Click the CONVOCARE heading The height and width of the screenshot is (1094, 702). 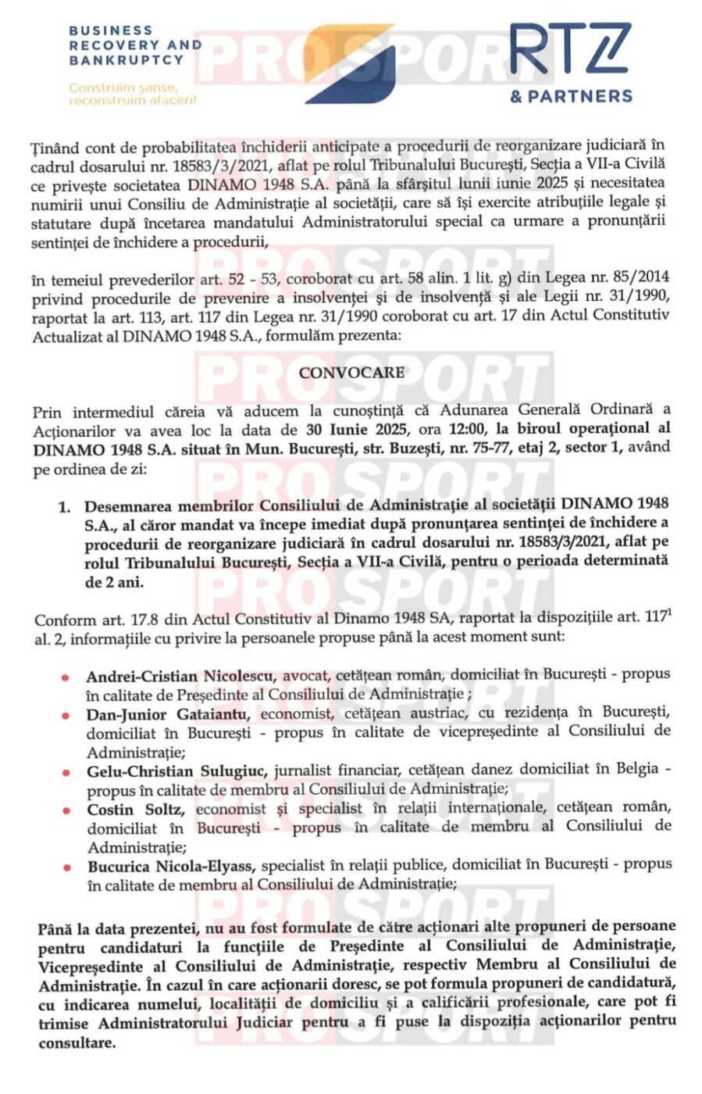[x=351, y=373]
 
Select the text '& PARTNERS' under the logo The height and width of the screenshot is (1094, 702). [x=571, y=96]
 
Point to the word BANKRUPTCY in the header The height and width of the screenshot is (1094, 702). [x=126, y=59]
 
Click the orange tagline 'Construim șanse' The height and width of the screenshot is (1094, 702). [x=123, y=88]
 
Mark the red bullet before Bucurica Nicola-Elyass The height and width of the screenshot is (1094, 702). [x=67, y=867]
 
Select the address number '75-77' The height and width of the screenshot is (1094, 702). [x=533, y=448]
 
